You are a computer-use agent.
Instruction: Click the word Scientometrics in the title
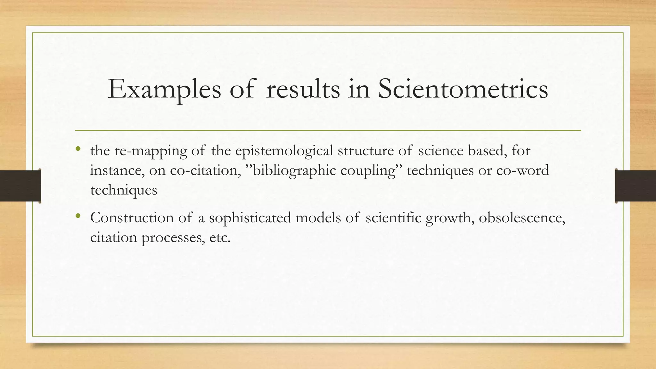463,89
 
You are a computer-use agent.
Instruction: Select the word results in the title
303,89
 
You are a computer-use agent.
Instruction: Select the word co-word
522,170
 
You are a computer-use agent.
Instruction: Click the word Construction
132,218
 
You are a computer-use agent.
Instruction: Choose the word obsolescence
522,218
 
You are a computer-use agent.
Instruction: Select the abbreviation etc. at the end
220,238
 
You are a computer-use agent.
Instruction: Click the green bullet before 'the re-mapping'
78,149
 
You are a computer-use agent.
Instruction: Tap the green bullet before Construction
78,216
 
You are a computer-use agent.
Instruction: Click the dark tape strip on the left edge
20,186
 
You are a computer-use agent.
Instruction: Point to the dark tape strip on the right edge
635,186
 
